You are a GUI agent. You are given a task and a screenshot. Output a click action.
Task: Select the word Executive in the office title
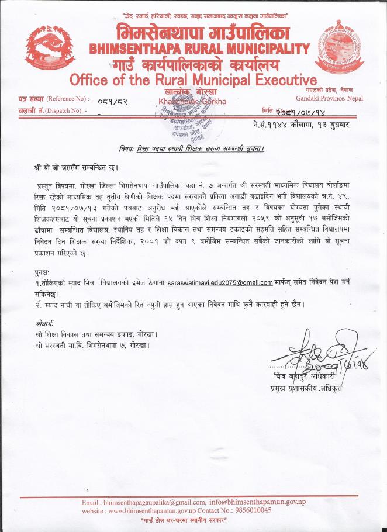(x=280, y=79)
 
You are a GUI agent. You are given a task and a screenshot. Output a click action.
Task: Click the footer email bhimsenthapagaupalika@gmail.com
(x=155, y=502)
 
